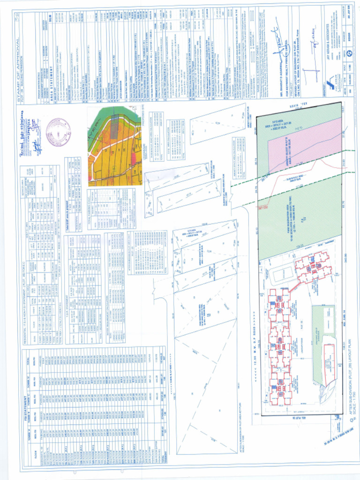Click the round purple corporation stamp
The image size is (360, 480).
coord(59,132)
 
